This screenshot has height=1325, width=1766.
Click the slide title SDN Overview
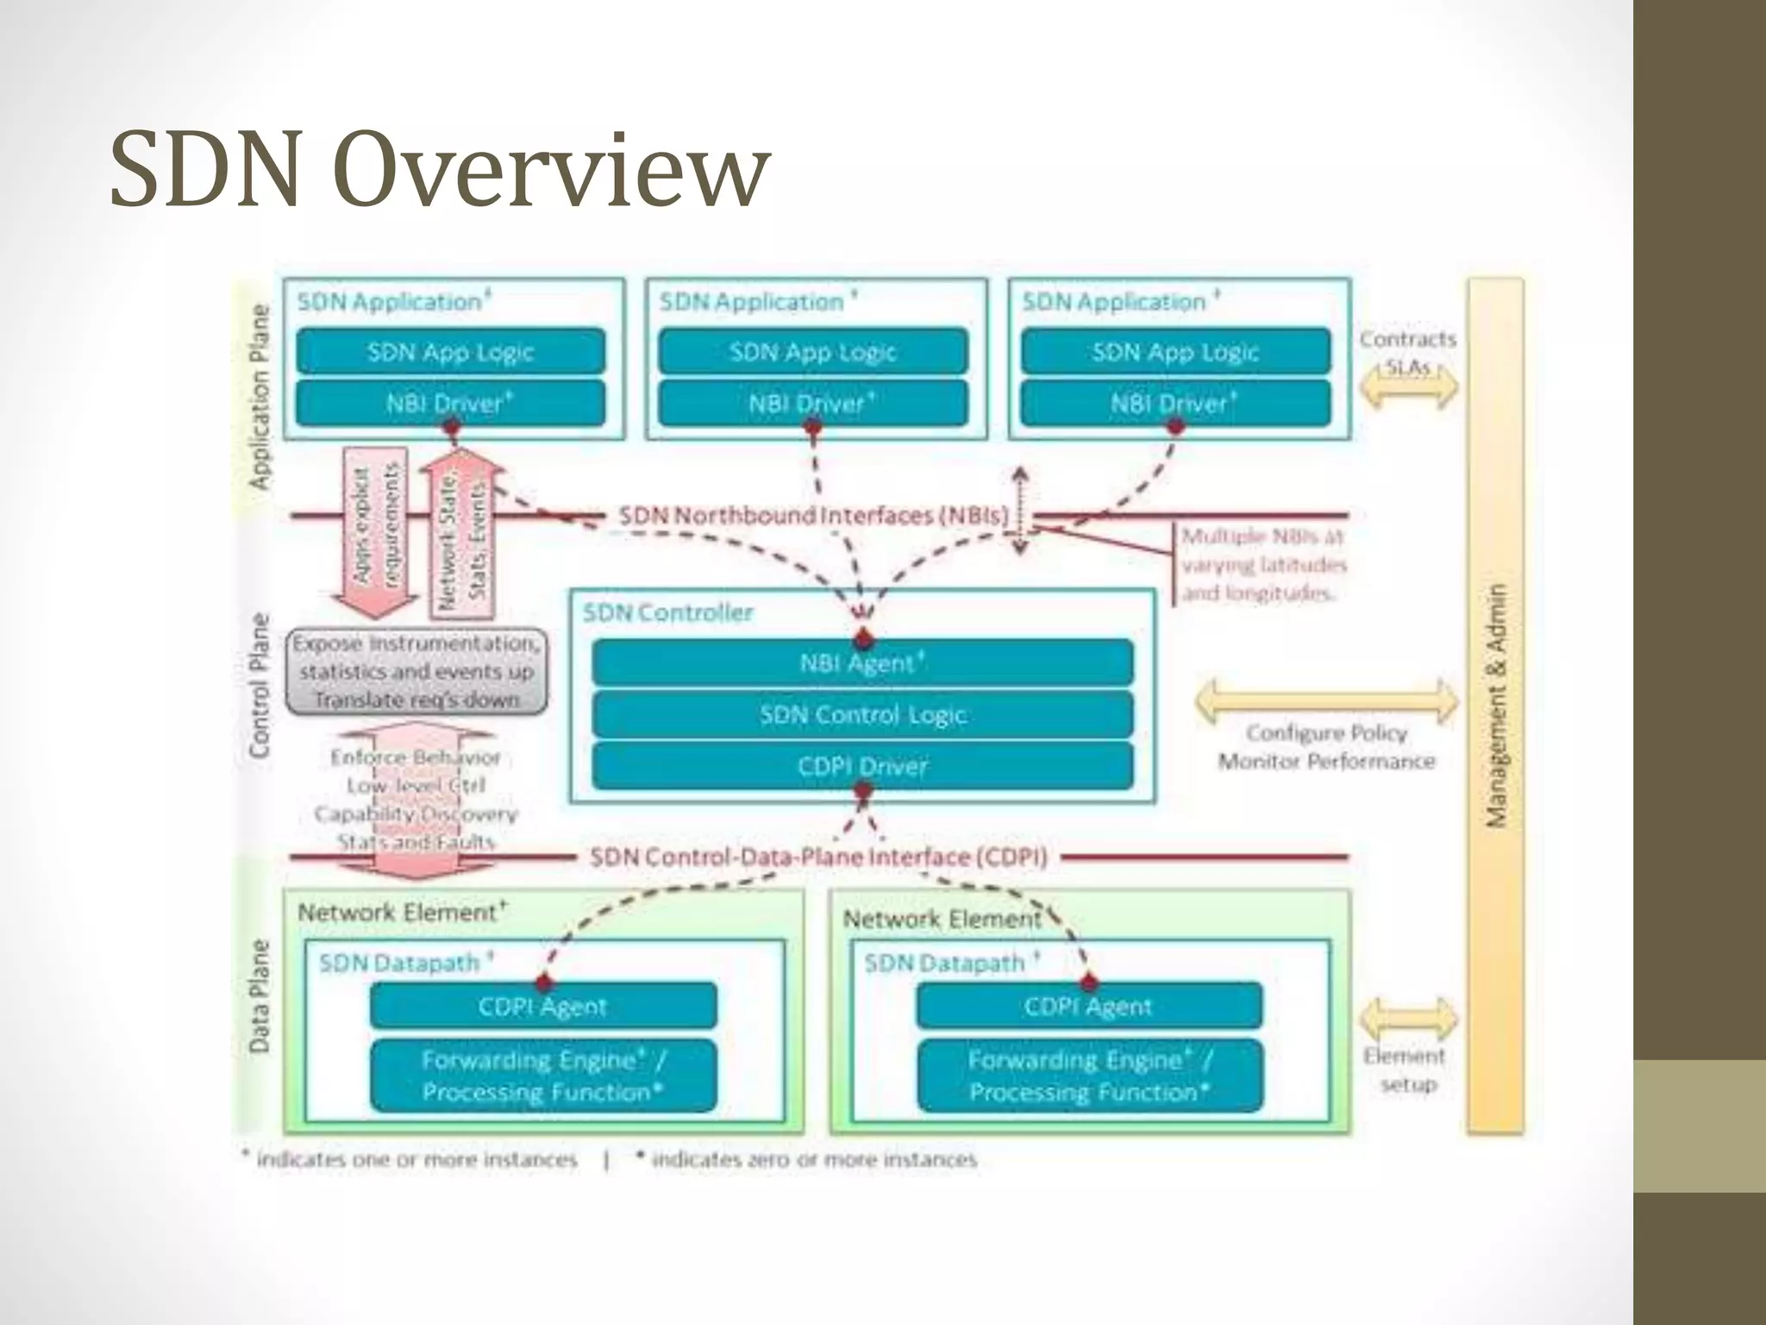pos(440,168)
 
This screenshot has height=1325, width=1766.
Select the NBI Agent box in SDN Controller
pos(862,663)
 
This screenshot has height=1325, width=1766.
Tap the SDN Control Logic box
pos(862,715)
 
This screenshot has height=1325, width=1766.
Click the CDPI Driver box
pos(862,766)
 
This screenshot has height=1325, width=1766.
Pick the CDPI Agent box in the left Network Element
pos(543,1007)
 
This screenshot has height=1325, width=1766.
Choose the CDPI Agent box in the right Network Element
pos(1088,1007)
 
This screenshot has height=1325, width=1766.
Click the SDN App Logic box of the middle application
pos(812,352)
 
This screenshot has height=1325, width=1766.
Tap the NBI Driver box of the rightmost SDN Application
pos(1174,404)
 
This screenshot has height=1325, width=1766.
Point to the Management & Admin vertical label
pos(1497,706)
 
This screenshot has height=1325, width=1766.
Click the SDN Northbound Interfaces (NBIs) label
pos(813,516)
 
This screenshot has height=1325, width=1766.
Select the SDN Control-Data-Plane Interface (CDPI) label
pos(818,857)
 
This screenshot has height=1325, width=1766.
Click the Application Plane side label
pos(260,397)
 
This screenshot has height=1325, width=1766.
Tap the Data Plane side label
pos(260,996)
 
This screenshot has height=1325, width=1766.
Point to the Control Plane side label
pos(260,686)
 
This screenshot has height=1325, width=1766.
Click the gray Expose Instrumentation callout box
pos(416,671)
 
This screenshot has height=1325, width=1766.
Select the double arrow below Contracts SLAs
pos(1408,387)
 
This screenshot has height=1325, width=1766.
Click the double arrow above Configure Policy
pos(1325,700)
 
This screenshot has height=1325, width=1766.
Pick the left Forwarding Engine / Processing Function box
pos(543,1076)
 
